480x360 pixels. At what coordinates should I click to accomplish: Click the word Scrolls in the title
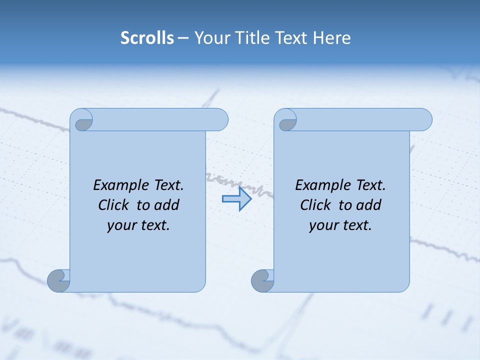[147, 38]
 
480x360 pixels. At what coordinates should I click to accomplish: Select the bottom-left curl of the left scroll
[58, 280]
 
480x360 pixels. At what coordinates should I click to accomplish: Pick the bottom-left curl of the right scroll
[262, 280]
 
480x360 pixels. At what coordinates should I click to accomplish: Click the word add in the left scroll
[167, 205]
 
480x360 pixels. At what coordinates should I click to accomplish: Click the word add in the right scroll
[369, 205]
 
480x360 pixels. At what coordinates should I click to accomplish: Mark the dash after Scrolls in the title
[183, 38]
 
